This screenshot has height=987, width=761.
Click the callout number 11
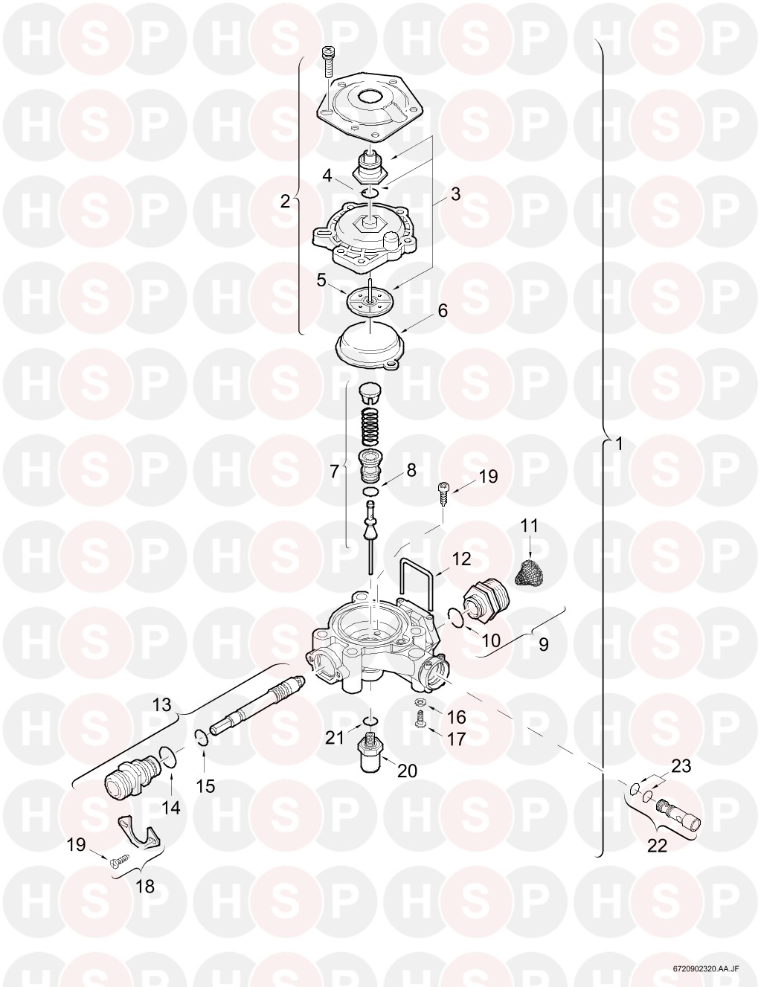529,526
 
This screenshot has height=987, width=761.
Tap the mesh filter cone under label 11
530,571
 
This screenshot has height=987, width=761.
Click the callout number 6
443,311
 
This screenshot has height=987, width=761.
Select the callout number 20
407,771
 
